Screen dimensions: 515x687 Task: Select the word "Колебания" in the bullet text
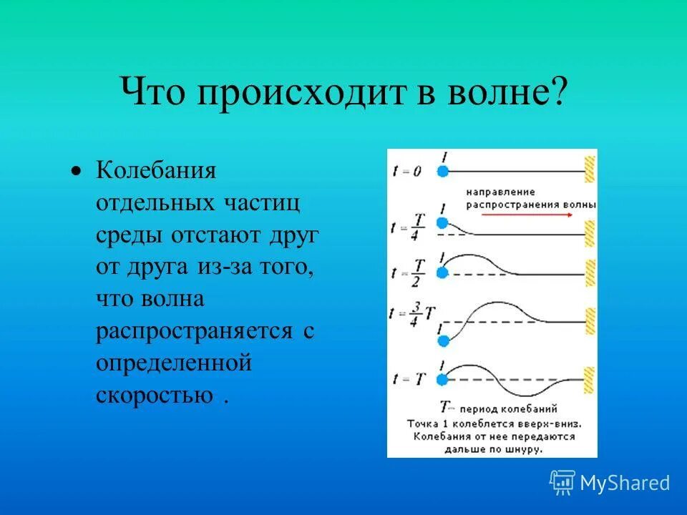tap(156, 172)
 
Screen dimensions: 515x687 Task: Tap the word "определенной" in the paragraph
tap(174, 363)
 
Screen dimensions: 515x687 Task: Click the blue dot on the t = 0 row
tap(442, 171)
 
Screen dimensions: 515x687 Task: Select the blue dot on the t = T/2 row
tap(442, 272)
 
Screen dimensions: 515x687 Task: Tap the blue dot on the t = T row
tap(442, 378)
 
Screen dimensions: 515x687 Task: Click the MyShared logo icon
tap(562, 483)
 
